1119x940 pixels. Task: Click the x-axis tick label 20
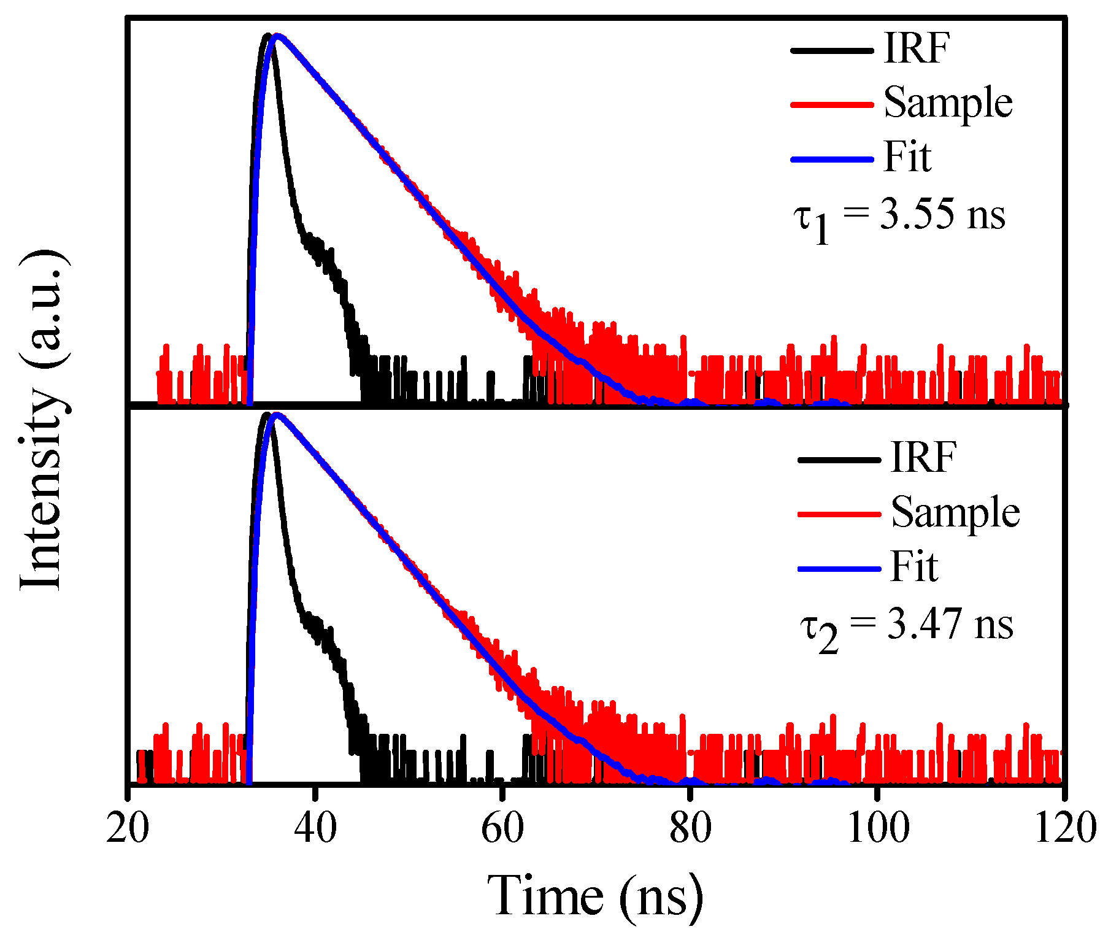128,828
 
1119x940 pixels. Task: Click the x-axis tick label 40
315,828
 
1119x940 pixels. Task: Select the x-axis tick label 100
877,828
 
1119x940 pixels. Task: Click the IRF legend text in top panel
917,48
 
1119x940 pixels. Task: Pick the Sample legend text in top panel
948,102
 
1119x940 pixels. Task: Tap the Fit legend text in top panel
907,157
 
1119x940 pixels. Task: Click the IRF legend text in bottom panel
923,457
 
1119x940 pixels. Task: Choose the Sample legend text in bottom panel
955,512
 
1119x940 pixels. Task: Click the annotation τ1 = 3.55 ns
899,218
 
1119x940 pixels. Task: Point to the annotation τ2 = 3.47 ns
906,628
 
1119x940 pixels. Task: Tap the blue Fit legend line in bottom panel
839,569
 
